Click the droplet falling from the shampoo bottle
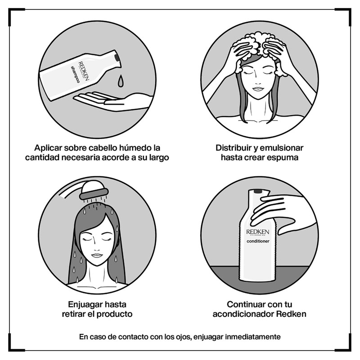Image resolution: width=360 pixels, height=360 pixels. click(121, 81)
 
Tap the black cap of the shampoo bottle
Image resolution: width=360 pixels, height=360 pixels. click(117, 57)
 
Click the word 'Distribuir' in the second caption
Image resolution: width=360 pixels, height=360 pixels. click(235, 148)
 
